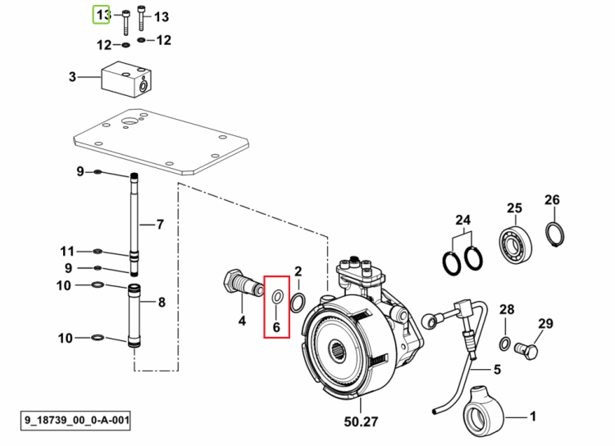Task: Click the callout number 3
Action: (72, 76)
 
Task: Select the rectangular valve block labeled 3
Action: (126, 80)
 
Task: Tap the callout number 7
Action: (160, 225)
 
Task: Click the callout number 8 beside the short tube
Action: (162, 302)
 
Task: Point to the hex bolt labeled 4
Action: (244, 283)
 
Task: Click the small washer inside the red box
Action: (278, 297)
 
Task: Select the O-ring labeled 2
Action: (298, 303)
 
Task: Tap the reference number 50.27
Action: (362, 421)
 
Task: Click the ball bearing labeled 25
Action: (516, 244)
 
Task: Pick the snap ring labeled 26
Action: (555, 234)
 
